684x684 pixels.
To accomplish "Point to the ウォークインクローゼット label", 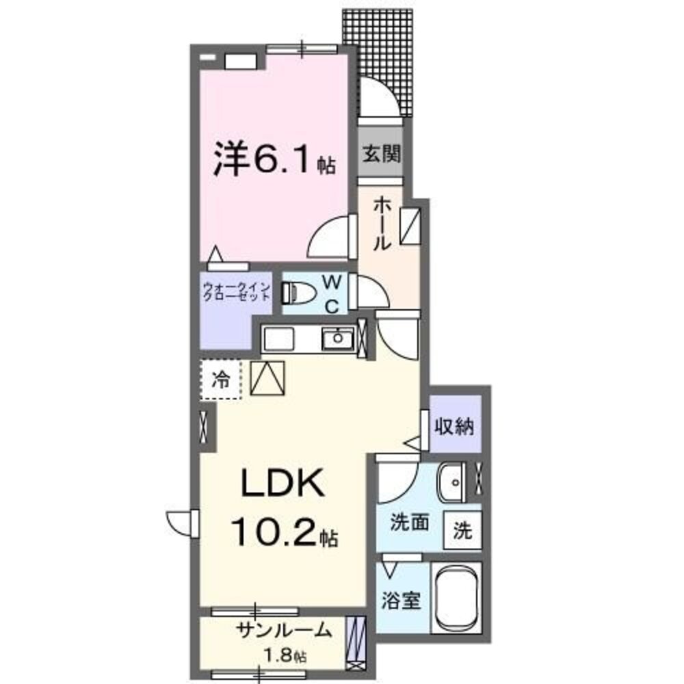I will [x=237, y=292].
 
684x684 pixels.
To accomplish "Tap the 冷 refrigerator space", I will [x=221, y=378].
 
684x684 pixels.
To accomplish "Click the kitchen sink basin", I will [x=337, y=337].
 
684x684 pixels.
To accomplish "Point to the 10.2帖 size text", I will [x=285, y=532].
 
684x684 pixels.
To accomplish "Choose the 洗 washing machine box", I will [x=463, y=531].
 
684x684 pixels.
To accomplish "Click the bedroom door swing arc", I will [x=328, y=236].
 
